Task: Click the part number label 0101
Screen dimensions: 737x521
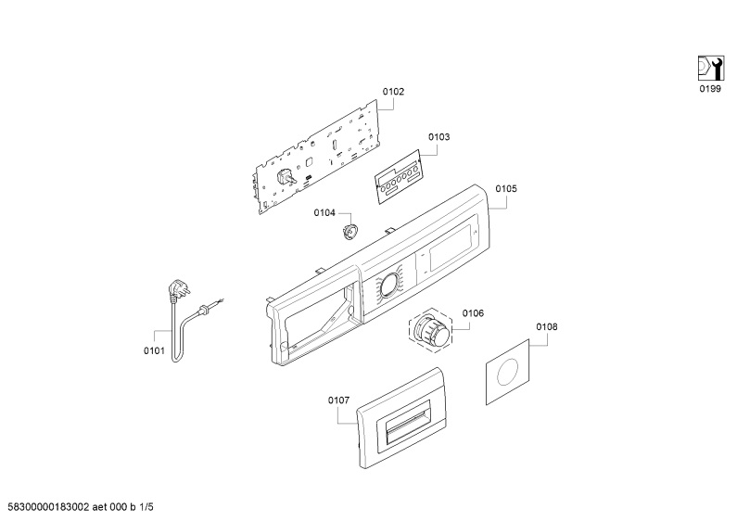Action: pyautogui.click(x=154, y=350)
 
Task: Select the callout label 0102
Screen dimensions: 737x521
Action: pyautogui.click(x=393, y=91)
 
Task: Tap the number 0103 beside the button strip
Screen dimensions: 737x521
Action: pyautogui.click(x=438, y=137)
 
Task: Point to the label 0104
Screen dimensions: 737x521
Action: pyautogui.click(x=324, y=213)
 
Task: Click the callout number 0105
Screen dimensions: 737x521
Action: pyautogui.click(x=506, y=188)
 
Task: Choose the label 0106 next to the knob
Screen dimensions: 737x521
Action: pyautogui.click(x=473, y=313)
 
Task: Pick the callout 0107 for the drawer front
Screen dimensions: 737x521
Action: pyautogui.click(x=338, y=400)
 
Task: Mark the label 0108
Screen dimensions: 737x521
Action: pyautogui.click(x=547, y=327)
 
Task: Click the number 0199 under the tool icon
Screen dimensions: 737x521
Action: pyautogui.click(x=710, y=89)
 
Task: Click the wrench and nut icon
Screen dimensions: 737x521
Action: pyautogui.click(x=710, y=69)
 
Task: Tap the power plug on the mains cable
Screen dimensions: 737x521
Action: pyautogui.click(x=179, y=290)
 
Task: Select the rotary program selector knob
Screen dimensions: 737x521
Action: pyautogui.click(x=430, y=329)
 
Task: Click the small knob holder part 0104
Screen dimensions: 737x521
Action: pyautogui.click(x=349, y=232)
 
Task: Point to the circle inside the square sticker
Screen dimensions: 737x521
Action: pyautogui.click(x=508, y=372)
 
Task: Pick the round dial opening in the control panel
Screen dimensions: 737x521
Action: pyautogui.click(x=389, y=286)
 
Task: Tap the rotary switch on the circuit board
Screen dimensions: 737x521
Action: pyautogui.click(x=286, y=177)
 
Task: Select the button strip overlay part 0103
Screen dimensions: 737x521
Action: pyautogui.click(x=398, y=177)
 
